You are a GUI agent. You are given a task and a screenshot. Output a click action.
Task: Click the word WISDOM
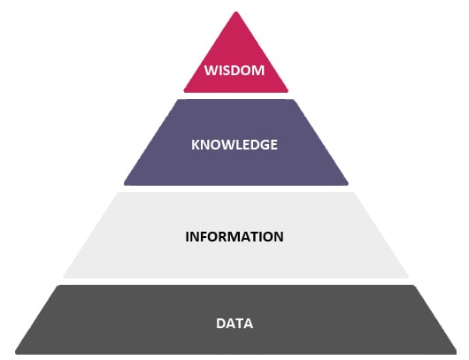(x=234, y=71)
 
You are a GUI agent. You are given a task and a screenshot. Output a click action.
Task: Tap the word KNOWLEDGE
(x=234, y=145)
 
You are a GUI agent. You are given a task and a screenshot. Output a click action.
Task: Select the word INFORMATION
(x=234, y=237)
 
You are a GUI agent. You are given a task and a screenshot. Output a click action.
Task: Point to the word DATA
(x=234, y=324)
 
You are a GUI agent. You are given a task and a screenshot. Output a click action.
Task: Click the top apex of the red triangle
(x=236, y=12)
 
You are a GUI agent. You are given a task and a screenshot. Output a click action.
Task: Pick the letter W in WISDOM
(x=211, y=71)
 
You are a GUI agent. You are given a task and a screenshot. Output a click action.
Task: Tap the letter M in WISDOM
(x=258, y=71)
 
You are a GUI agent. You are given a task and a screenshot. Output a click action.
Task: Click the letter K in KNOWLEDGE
(x=196, y=145)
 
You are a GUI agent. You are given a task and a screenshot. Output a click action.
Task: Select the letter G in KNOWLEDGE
(x=264, y=145)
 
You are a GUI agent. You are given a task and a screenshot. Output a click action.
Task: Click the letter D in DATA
(x=220, y=324)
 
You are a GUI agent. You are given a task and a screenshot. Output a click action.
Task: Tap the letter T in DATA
(x=239, y=324)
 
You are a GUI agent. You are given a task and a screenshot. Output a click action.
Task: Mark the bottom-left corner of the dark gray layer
(x=16, y=354)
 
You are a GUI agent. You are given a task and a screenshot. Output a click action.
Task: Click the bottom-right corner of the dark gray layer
(x=456, y=354)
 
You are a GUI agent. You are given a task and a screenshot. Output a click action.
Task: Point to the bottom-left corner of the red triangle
(x=184, y=91)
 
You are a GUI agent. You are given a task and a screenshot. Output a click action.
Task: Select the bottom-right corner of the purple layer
(x=348, y=184)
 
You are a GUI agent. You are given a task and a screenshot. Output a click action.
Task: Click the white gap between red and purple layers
(x=235, y=96)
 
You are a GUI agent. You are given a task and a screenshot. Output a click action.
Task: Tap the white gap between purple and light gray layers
(x=235, y=188)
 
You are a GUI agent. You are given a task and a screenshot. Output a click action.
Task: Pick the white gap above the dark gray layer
(x=235, y=281)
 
